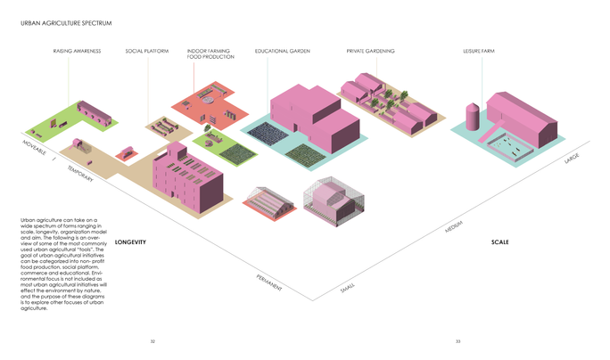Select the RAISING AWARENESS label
click(x=77, y=51)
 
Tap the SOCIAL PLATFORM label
click(x=146, y=51)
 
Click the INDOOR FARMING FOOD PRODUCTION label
click(x=210, y=54)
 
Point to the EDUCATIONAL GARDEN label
click(x=281, y=51)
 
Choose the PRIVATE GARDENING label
click(x=370, y=51)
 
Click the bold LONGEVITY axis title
click(x=129, y=242)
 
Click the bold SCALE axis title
click(x=500, y=242)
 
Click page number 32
click(x=152, y=341)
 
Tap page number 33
click(x=457, y=341)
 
